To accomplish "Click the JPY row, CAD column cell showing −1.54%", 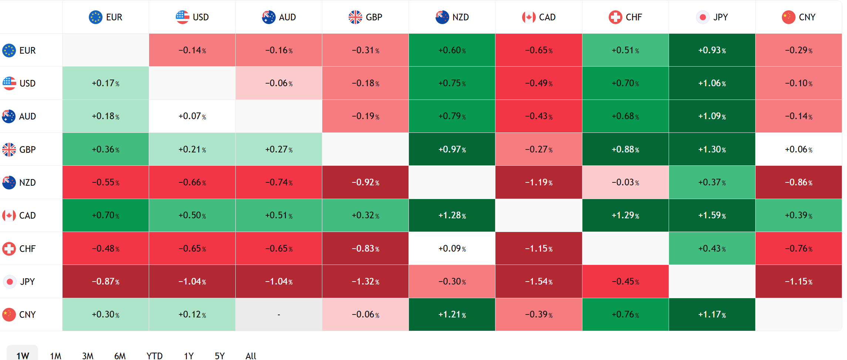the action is [538, 282].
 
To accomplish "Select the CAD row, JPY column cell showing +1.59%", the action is [712, 215].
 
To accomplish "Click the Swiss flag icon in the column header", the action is [615, 17].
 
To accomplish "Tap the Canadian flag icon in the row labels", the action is [9, 215].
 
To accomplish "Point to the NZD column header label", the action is [460, 17].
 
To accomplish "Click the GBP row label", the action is [27, 149].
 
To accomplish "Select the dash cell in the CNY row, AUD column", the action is [279, 314].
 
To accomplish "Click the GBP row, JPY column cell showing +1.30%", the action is [712, 149].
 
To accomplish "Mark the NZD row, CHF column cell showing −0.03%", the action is [625, 182].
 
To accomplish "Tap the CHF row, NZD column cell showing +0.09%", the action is [452, 248].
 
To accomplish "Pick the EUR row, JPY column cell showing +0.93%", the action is [712, 50].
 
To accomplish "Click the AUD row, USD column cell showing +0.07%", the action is [192, 116].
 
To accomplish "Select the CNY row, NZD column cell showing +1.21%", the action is [452, 314].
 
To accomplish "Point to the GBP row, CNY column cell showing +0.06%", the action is [799, 149].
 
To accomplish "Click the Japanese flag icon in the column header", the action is [703, 17].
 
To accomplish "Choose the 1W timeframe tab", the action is [23, 354].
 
